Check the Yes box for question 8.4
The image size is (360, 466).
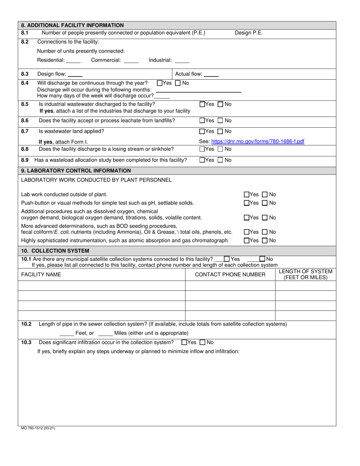[160, 83]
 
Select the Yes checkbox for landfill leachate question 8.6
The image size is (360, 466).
[202, 121]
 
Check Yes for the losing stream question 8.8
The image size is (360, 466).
[202, 149]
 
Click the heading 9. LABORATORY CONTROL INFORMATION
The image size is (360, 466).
[76, 170]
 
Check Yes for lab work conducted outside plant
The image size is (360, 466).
[247, 194]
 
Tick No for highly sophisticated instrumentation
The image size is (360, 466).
[265, 241]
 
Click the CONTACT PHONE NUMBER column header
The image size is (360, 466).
[230, 275]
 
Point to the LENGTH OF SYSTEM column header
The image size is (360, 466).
[305, 274]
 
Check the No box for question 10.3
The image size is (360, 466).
[202, 342]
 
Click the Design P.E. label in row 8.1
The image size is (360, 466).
[249, 33]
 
